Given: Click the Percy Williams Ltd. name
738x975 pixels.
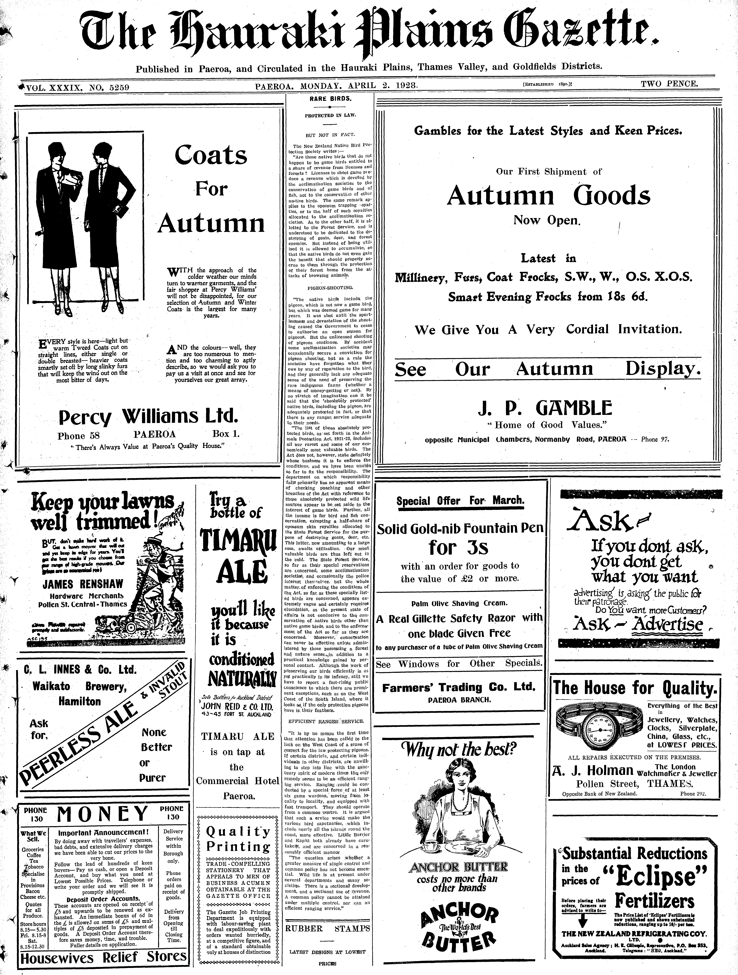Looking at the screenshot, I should pyautogui.click(x=148, y=416).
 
